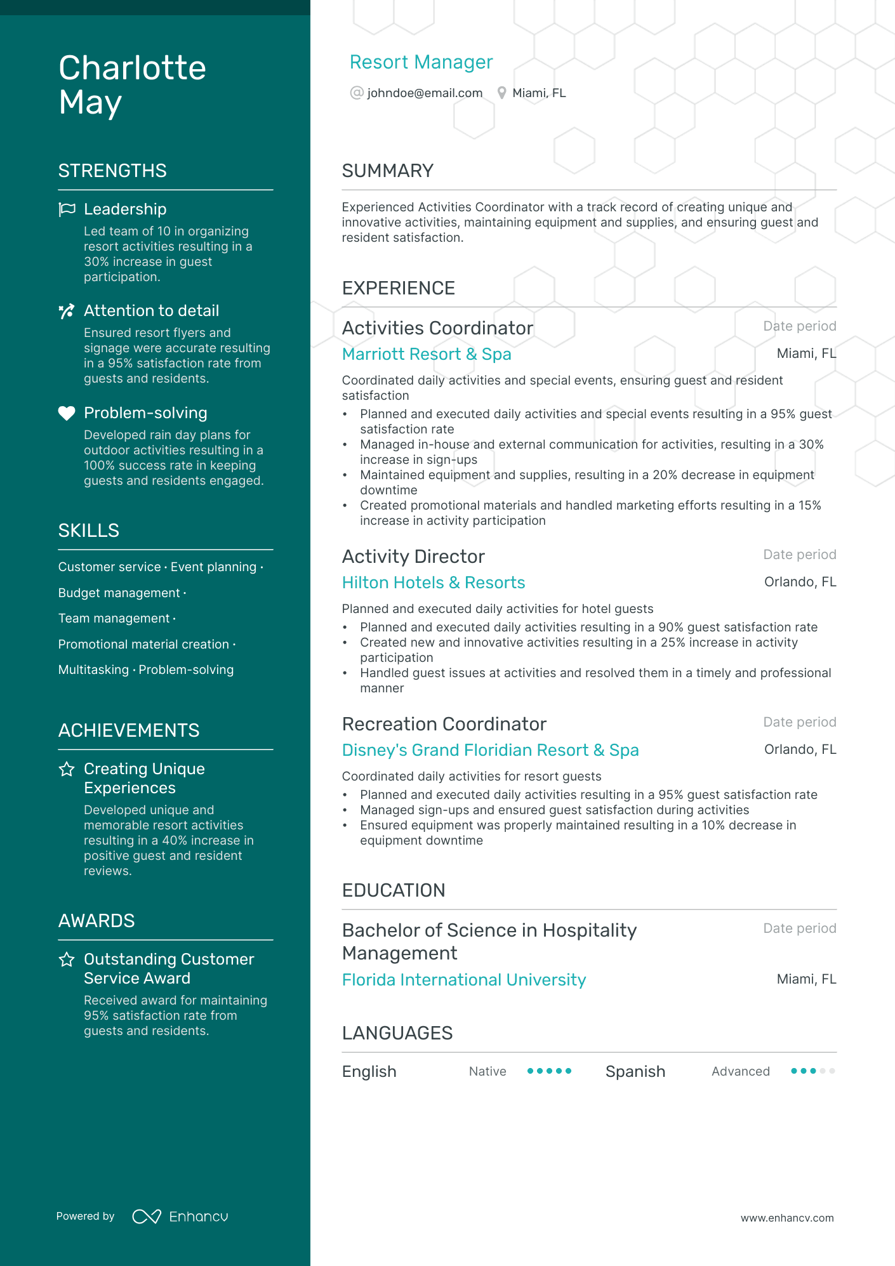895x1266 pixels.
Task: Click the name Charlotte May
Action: point(132,85)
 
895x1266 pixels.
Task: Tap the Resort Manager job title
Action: point(421,62)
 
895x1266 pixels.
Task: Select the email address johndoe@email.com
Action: point(425,93)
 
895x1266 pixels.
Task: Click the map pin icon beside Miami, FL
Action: point(501,93)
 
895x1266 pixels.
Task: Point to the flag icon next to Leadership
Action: point(67,209)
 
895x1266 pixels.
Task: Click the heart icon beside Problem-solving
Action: point(67,413)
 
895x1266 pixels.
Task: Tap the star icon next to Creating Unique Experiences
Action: point(67,769)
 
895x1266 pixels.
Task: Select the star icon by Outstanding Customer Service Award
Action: point(67,959)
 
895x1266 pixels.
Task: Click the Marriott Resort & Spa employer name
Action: point(427,354)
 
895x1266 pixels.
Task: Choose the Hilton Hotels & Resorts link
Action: point(434,583)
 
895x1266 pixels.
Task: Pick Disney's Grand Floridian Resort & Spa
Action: point(490,750)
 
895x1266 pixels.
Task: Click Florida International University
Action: point(463,980)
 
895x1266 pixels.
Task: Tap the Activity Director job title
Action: point(413,557)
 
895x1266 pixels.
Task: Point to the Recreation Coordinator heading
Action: point(444,724)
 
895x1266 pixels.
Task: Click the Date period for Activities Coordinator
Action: point(799,326)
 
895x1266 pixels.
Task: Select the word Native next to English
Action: point(487,1072)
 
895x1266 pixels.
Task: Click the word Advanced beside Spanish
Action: point(740,1072)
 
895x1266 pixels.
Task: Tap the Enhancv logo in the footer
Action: point(180,1217)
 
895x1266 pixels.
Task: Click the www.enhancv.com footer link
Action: point(787,1218)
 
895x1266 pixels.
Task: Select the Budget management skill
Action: point(119,593)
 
